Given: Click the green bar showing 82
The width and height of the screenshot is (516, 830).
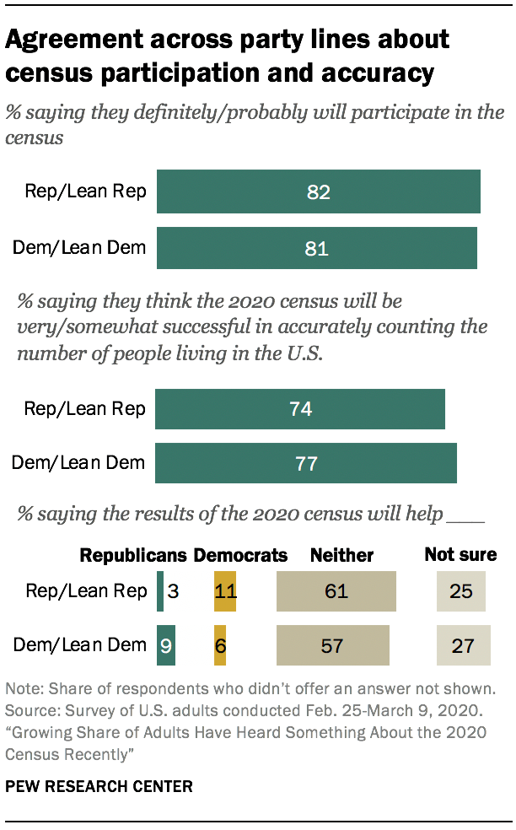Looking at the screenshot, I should point(318,192).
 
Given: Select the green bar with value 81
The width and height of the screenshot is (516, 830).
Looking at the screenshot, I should point(316,248).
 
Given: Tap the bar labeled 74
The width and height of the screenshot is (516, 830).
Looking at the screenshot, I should point(300,409).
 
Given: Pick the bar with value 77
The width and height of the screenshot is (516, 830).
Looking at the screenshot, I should point(305,462).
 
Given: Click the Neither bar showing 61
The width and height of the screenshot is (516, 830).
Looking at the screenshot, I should point(336,591).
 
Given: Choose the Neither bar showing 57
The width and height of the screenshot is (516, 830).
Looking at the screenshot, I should point(333,646).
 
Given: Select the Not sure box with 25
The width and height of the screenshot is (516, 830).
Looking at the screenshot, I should point(461,591).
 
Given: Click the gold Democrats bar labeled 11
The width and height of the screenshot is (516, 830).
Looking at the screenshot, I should point(225,591).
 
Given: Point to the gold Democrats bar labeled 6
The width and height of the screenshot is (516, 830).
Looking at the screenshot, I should point(220,646).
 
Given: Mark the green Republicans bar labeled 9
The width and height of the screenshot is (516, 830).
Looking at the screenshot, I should point(164,646).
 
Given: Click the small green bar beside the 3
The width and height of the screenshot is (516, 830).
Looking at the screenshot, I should point(160,591).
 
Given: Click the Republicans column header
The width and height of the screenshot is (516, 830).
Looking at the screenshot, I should point(133,555).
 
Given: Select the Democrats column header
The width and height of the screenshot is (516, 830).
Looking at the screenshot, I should point(240,555).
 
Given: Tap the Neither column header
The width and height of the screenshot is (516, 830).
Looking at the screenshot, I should point(341,555).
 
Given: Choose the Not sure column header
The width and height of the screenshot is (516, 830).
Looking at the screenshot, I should point(460,555).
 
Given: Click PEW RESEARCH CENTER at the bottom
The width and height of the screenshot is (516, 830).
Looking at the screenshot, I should point(99,786).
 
